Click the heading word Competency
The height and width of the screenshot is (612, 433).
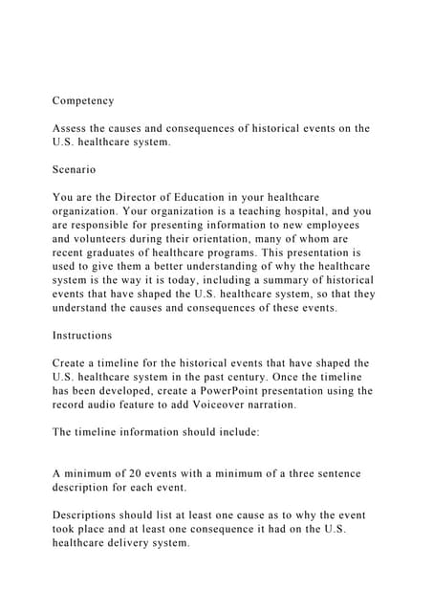click(83, 100)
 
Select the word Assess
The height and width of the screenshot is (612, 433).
click(73, 128)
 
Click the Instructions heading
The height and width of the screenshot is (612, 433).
click(82, 336)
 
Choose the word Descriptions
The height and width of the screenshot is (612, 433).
click(93, 515)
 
